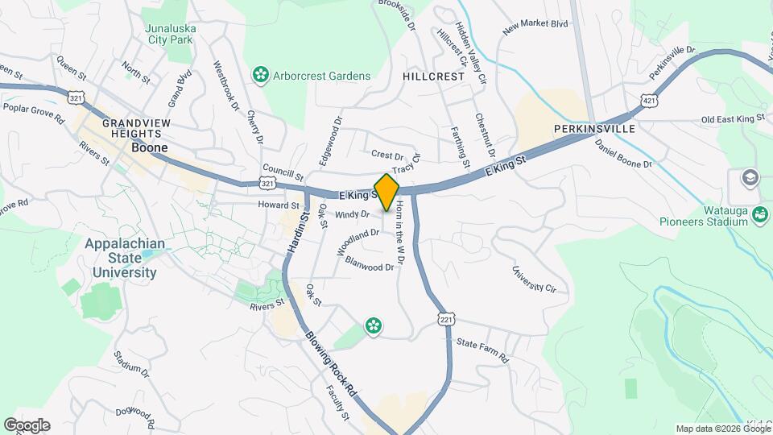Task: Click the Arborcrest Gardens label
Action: coord(320,76)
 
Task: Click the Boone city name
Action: coord(150,148)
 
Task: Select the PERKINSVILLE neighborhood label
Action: coord(595,129)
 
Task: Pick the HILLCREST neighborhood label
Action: coord(434,76)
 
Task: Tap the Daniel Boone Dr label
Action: coord(623,153)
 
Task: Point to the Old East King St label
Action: coord(732,119)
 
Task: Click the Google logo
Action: coord(27,425)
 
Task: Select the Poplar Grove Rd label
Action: coord(34,113)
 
